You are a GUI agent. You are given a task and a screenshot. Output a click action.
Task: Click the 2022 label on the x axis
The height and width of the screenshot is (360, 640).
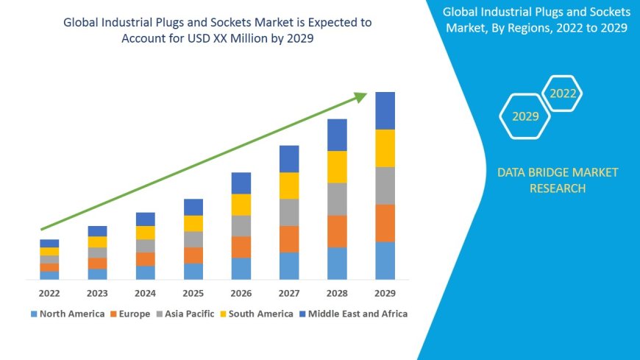[49, 293]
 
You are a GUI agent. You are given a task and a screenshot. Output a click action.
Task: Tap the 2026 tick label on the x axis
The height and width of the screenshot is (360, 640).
[241, 293]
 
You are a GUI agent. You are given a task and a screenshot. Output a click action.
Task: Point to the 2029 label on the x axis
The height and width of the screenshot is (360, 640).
[385, 293]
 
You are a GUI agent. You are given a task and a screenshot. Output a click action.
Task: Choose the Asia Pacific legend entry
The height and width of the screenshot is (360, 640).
[185, 314]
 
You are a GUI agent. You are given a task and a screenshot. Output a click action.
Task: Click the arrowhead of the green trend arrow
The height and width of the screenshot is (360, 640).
[360, 96]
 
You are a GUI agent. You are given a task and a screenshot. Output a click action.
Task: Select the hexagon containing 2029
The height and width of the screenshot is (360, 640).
[525, 116]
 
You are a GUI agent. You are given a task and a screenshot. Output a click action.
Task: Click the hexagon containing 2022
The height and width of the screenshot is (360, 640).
[563, 93]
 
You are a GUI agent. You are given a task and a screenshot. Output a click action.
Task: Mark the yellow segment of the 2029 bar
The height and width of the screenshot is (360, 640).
[385, 148]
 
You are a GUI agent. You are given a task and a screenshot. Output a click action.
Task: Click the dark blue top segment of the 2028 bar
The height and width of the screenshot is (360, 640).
[337, 135]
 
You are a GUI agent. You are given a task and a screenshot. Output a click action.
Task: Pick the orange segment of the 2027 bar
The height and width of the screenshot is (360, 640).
[289, 239]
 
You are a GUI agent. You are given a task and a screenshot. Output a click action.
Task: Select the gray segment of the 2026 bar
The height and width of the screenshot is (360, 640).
[241, 225]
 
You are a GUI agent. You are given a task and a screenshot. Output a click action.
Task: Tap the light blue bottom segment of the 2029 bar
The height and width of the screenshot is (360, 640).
[385, 261]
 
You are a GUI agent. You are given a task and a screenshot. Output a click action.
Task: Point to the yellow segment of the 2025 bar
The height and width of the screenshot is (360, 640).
[193, 223]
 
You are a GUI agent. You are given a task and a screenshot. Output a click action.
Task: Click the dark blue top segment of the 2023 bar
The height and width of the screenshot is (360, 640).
[97, 231]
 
